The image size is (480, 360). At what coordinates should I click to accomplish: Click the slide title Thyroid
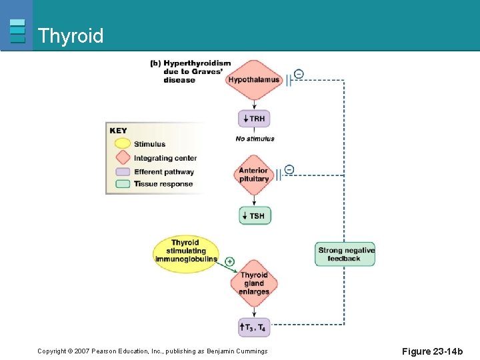click(x=71, y=35)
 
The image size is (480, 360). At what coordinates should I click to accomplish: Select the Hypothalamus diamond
click(x=253, y=80)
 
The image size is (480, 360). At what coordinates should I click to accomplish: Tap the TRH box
click(x=254, y=119)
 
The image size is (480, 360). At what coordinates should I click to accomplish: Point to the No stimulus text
click(x=255, y=139)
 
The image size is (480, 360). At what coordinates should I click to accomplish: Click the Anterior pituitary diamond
click(x=253, y=175)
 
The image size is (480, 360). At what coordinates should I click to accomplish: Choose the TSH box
click(x=255, y=215)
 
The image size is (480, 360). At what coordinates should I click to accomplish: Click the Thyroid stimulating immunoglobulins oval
click(x=185, y=251)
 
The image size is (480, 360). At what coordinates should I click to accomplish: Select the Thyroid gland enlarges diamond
click(x=254, y=283)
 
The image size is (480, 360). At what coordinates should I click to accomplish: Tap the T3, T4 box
click(x=254, y=327)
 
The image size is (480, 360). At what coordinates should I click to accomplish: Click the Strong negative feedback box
click(x=345, y=254)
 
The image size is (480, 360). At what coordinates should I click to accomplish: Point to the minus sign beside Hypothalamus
click(x=299, y=73)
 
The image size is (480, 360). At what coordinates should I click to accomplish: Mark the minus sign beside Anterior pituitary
click(x=289, y=169)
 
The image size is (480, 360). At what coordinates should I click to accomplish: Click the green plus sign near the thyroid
click(x=229, y=261)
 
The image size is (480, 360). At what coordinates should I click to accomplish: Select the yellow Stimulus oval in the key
click(x=122, y=144)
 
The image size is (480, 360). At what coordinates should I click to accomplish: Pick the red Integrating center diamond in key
click(x=122, y=158)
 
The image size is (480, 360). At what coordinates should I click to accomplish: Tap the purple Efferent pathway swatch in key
click(x=122, y=171)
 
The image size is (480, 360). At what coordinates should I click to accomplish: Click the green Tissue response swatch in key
click(x=122, y=184)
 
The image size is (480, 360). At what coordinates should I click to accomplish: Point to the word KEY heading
click(x=118, y=131)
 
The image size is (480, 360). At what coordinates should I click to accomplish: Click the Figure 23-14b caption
click(x=432, y=351)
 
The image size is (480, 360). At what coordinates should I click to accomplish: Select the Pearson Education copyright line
click(x=152, y=351)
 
